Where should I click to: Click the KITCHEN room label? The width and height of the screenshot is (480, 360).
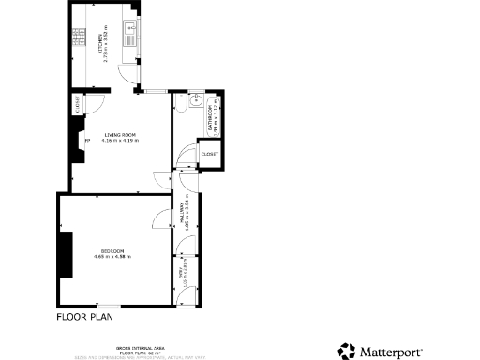click(x=100, y=43)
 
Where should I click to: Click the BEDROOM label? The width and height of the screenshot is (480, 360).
click(x=115, y=250)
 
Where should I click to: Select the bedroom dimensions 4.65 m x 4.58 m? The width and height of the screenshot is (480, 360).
click(x=115, y=256)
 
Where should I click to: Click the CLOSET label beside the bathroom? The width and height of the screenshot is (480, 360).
click(x=208, y=154)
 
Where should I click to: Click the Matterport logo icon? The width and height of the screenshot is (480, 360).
click(x=347, y=351)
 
